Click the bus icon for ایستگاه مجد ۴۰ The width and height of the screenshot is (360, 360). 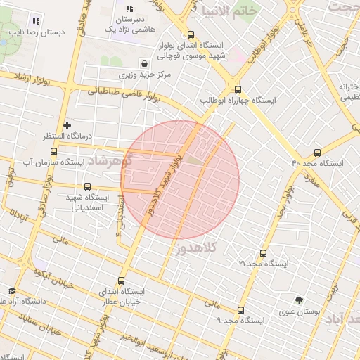(317, 153)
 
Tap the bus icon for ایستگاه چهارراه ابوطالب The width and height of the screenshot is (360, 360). (238, 89)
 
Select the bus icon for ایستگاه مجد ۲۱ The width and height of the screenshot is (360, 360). (264, 253)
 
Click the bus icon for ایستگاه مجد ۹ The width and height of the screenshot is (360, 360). (241, 309)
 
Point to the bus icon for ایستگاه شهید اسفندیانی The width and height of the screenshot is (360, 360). (87, 186)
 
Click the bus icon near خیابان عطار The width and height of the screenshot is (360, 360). (121, 281)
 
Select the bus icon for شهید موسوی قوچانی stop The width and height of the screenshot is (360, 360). (191, 34)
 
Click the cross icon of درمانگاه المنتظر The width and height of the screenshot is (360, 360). (67, 126)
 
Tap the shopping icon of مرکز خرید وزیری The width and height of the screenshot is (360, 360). (144, 63)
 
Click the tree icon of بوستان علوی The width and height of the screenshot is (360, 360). (299, 300)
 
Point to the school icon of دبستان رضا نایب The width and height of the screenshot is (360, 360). (36, 21)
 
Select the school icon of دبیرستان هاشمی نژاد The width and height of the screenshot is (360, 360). (129, 8)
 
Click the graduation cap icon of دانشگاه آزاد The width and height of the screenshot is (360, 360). (11, 290)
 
